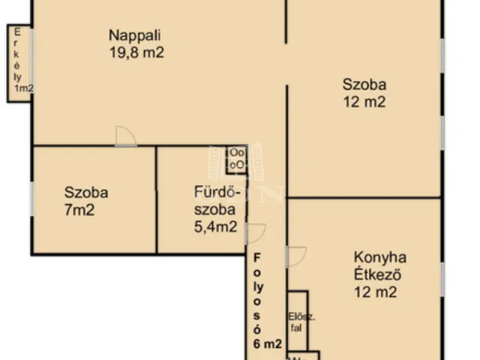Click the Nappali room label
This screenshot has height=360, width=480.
[136, 35]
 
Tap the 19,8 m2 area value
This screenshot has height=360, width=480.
[136, 52]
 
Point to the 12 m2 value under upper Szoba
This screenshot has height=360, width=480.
[364, 103]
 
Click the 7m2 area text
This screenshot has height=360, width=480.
[79, 210]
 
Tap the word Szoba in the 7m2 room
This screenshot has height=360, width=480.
[85, 193]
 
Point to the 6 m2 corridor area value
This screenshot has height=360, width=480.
[267, 344]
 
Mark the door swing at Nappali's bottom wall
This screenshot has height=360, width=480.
[125, 136]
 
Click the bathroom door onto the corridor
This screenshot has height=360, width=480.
[255, 233]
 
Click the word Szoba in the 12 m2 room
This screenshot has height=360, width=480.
[364, 84]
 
